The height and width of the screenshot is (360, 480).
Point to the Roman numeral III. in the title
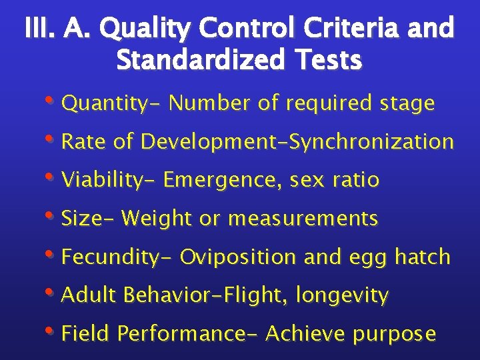(x=41, y=30)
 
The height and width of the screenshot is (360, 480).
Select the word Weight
(x=159, y=219)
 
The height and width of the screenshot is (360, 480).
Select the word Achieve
(x=307, y=333)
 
